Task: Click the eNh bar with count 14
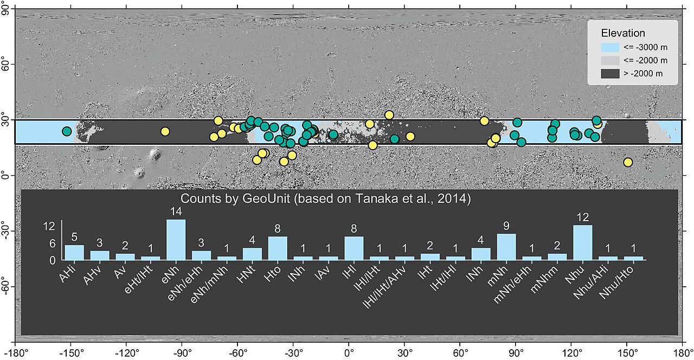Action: (176, 240)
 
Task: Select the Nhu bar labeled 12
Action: (583, 242)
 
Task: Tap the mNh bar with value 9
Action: (506, 247)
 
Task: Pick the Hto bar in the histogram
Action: (278, 248)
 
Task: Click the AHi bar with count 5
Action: (74, 252)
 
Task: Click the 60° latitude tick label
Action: (6, 65)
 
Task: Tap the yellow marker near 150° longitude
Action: (628, 162)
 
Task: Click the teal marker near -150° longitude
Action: (67, 131)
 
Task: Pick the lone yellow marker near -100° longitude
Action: (165, 131)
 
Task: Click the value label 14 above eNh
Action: (176, 213)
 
